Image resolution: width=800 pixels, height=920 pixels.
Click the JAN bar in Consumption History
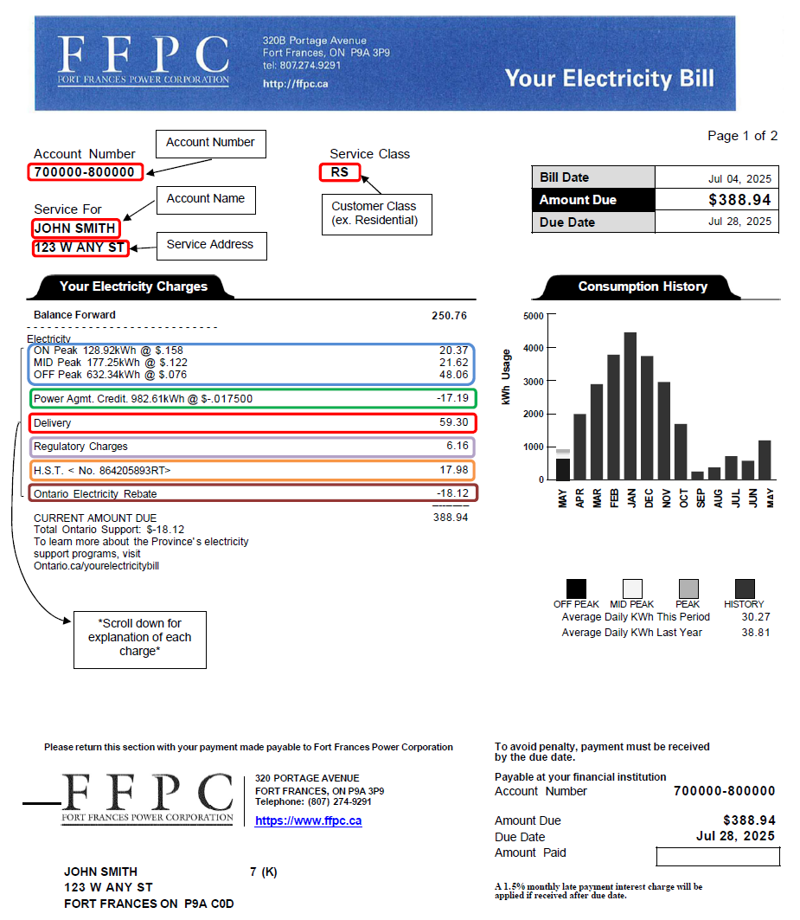pos(630,406)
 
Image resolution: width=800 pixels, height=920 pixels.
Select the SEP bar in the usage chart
pos(698,475)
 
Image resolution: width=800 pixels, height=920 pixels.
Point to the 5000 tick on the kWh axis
pos(534,316)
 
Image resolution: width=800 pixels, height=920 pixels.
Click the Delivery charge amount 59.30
pos(453,423)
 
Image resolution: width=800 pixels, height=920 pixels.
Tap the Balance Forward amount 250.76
pos(450,315)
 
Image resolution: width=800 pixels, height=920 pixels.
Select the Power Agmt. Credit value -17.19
pos(452,399)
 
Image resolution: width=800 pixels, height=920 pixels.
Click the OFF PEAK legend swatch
pos(576,589)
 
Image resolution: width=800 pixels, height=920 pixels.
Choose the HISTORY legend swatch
pos(744,589)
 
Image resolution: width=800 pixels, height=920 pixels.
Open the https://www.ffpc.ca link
pos(308,820)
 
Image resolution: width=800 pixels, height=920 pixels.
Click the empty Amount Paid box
pos(718,857)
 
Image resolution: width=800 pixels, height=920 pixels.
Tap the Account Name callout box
pos(206,200)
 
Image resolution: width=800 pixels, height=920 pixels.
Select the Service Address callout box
pos(210,246)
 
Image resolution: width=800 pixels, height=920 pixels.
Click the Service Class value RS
pos(339,172)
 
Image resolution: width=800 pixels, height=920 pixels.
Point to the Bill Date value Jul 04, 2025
pos(739,178)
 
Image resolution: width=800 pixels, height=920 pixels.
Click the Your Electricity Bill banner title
pos(609,79)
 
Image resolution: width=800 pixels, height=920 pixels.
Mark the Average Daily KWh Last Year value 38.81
pos(755,633)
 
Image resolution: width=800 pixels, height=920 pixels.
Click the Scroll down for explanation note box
pos(139,638)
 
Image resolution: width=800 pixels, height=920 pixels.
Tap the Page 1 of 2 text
pos(742,136)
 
